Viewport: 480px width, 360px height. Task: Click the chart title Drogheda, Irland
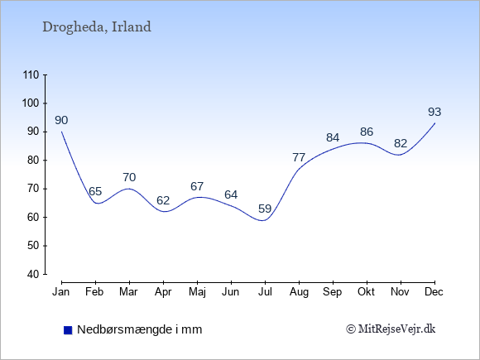tap(97, 27)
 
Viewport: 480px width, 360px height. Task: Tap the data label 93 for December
tap(434, 112)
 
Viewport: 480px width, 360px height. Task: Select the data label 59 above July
tap(265, 209)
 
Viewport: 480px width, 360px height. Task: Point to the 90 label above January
tap(61, 120)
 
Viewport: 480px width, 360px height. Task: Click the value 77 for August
tap(299, 157)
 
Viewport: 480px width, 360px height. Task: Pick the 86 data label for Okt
tap(367, 132)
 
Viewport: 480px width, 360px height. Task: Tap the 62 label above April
tap(163, 200)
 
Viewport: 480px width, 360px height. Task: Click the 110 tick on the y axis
tap(31, 75)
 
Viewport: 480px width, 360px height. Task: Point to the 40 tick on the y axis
tap(33, 274)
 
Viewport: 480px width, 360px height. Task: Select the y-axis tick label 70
tap(33, 189)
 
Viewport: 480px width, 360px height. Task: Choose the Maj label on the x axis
tap(197, 292)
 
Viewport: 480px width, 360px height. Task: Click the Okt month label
tap(366, 292)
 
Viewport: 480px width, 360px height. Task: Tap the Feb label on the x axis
tap(94, 292)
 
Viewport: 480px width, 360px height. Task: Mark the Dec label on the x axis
tap(434, 292)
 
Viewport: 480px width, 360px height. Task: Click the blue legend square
tap(68, 330)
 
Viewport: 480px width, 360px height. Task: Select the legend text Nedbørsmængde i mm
tap(140, 329)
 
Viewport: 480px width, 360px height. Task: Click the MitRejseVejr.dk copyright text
tap(391, 329)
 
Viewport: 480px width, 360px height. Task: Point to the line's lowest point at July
tap(263, 220)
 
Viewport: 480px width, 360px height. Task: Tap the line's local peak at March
tap(129, 189)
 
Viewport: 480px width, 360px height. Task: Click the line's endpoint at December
tap(434, 123)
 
